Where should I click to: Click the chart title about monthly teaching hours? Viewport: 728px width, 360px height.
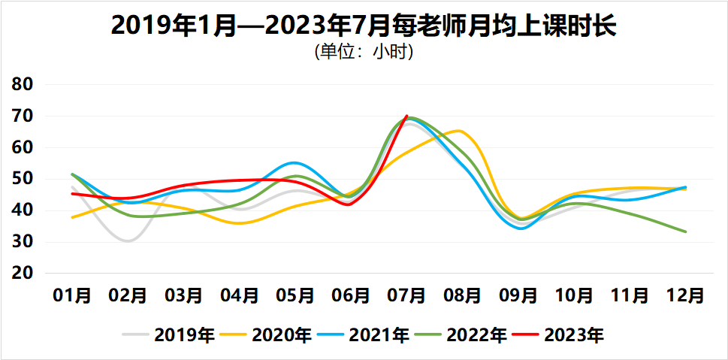click(x=364, y=26)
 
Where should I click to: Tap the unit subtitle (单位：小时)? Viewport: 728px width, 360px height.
click(x=364, y=53)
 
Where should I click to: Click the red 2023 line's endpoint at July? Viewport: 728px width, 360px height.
click(x=406, y=116)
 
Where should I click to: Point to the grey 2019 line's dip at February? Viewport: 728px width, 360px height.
click(x=128, y=241)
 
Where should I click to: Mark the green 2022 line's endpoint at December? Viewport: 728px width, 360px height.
click(x=685, y=231)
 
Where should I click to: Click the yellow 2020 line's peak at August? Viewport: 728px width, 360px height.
click(x=459, y=131)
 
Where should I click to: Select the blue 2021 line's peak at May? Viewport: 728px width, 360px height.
click(x=295, y=162)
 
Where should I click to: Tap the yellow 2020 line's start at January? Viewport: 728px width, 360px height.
click(x=72, y=217)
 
